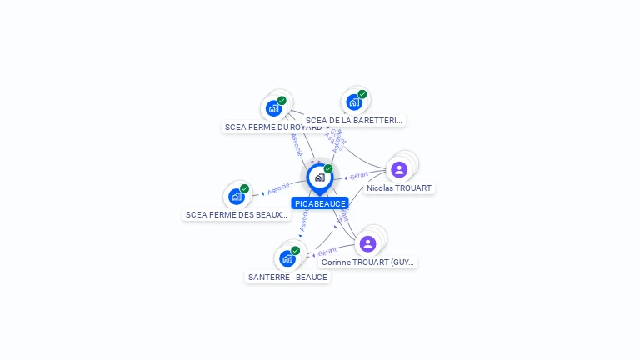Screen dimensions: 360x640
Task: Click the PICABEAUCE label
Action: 320,203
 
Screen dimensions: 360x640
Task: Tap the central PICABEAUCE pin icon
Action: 319,177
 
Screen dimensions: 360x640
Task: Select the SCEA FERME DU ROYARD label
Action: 272,127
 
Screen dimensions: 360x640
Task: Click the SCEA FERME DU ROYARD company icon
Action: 273,108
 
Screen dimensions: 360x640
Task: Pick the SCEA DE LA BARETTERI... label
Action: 354,121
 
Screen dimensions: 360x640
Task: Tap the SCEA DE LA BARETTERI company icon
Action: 354,102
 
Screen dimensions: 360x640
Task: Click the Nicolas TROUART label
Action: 399,188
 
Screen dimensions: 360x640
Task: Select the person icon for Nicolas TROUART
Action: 399,170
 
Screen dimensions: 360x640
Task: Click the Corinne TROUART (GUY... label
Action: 368,262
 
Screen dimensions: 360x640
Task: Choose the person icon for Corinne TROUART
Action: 367,244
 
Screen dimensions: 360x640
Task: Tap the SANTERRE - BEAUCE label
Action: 287,277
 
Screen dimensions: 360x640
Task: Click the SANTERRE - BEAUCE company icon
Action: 287,258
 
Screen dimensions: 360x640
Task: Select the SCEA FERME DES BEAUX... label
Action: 237,215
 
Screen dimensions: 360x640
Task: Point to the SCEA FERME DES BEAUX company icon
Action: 237,197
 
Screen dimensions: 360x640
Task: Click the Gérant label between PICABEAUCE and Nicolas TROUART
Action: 359,176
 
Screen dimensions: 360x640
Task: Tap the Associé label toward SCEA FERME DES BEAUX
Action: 279,188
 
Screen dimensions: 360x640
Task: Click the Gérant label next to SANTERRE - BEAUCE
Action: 327,251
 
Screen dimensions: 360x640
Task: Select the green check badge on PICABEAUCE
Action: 328,169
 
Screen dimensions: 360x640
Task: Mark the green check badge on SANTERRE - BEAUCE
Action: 295,251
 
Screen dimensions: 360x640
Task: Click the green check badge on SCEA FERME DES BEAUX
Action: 244,189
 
